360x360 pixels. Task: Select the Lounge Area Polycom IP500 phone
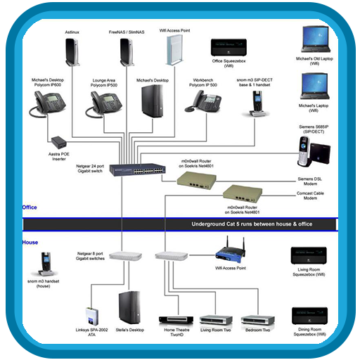point(103,103)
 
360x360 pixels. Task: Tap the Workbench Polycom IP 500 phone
point(202,102)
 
